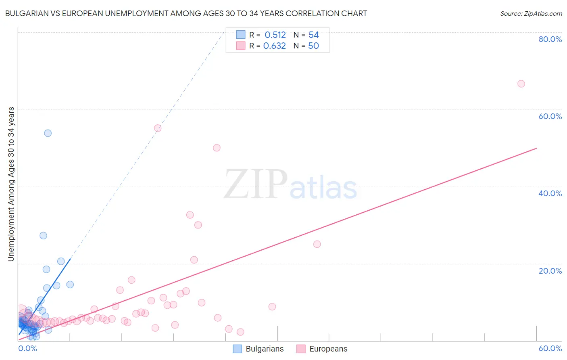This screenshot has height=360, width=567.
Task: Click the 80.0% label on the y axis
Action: (x=550, y=39)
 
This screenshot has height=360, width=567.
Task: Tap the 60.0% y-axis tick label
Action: (x=550, y=116)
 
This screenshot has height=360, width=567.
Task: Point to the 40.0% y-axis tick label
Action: (x=550, y=193)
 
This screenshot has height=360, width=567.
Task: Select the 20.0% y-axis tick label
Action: (x=550, y=271)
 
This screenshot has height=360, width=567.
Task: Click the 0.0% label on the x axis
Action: (x=28, y=348)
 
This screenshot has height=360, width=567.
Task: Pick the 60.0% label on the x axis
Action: (x=550, y=348)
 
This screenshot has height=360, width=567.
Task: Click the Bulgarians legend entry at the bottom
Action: (x=258, y=349)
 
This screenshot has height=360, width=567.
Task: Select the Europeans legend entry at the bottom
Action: (x=322, y=349)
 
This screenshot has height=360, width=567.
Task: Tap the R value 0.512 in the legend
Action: (x=275, y=35)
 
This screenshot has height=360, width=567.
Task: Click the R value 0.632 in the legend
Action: (x=274, y=46)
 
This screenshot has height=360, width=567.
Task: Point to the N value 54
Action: (x=313, y=35)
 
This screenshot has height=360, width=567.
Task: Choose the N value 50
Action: (x=313, y=46)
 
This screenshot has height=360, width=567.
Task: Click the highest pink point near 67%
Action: (x=521, y=84)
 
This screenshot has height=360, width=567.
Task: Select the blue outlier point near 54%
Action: (x=48, y=133)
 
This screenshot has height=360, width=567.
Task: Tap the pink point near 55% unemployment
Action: (x=158, y=128)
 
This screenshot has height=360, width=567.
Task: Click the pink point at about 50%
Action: (x=217, y=148)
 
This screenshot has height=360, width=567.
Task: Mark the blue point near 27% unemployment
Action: (x=43, y=236)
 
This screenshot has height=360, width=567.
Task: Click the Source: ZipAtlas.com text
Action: (x=531, y=14)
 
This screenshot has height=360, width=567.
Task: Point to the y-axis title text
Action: (x=11, y=184)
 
